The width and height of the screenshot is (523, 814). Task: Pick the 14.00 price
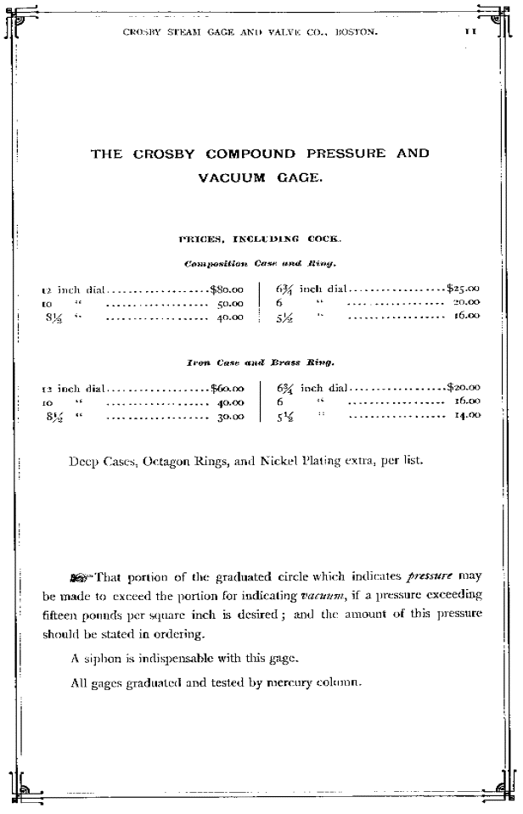click(466, 415)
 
